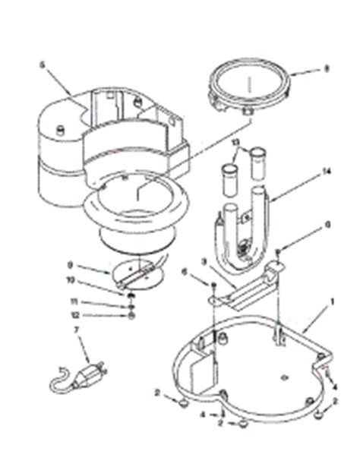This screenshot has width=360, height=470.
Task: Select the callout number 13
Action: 235,142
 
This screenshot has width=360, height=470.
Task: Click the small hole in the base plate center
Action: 282,374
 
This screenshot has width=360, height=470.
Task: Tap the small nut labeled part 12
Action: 131,314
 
